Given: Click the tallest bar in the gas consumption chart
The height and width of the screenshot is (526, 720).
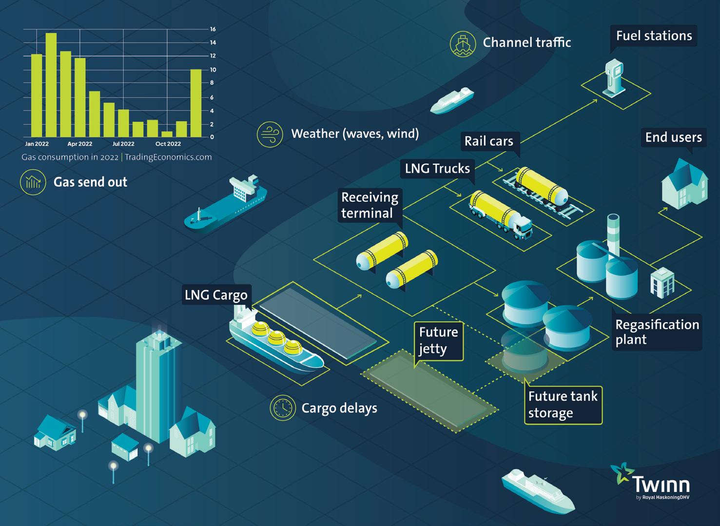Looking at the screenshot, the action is point(51,85).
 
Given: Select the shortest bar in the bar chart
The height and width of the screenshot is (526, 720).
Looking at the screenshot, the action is point(167,134).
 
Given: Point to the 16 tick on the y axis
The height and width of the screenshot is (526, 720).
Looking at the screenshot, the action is point(213,29).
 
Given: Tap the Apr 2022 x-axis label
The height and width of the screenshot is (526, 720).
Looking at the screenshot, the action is point(80,144).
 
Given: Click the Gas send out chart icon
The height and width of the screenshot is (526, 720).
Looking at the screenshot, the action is point(33,182).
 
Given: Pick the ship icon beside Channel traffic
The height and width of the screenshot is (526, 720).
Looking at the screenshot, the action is point(463,44).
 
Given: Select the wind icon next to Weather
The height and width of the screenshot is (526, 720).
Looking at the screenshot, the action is point(270,135).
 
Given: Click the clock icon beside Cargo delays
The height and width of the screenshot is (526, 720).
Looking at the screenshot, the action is point(283,408).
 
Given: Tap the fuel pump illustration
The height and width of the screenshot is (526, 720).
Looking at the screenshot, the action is point(614,78).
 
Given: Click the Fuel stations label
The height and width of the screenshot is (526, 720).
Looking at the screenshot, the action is point(654,36).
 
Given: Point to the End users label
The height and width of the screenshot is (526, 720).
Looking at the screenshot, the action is point(673,137).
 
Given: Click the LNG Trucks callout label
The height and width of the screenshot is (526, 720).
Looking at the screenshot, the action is point(437,169).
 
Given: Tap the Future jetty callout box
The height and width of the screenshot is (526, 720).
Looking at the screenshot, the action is point(438,341).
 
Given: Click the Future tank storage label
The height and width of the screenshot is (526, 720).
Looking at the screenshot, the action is point(563,405).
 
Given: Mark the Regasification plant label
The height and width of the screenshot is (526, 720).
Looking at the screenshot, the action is point(657,332).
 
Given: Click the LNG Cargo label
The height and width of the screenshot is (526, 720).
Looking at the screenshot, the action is point(216,295).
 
